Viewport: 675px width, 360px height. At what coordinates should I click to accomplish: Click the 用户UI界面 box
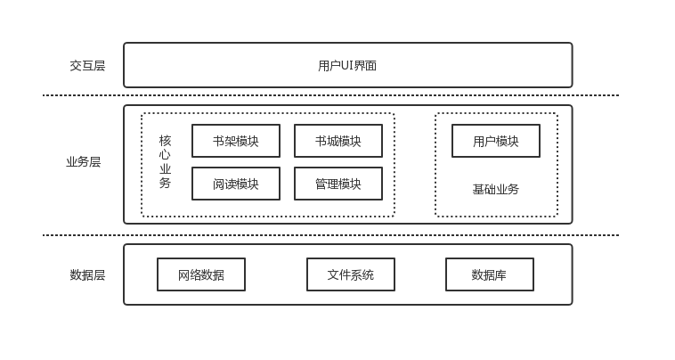(347, 65)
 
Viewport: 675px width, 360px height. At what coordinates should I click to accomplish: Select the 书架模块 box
(236, 141)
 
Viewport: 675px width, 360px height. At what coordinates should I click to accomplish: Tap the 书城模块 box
(338, 141)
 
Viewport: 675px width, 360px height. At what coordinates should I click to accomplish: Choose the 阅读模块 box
(236, 184)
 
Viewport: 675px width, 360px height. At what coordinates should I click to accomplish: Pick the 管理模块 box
(338, 184)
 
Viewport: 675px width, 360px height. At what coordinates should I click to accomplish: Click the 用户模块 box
(496, 141)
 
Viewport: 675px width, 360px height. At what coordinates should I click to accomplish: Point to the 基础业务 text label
(496, 189)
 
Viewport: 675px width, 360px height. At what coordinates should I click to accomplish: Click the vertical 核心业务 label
(165, 162)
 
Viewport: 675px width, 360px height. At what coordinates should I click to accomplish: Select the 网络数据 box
(201, 274)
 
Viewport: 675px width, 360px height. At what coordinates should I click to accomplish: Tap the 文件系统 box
(351, 274)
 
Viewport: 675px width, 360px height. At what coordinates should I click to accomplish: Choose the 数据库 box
(490, 274)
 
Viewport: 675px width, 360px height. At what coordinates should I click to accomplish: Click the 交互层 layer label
(87, 65)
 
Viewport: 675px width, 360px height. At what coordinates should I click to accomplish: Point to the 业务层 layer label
(83, 162)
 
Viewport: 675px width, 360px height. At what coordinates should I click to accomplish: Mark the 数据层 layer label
(87, 274)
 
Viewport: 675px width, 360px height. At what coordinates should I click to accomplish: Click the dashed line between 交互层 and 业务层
(329, 95)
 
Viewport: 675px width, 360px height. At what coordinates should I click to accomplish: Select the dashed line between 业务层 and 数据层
(329, 235)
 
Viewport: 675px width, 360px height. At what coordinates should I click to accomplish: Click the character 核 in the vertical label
(165, 141)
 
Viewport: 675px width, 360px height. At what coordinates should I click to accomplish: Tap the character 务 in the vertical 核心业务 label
(165, 184)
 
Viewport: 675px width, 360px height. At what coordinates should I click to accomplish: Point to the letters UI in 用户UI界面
(347, 65)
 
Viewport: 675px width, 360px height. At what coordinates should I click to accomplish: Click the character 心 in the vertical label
(165, 155)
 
